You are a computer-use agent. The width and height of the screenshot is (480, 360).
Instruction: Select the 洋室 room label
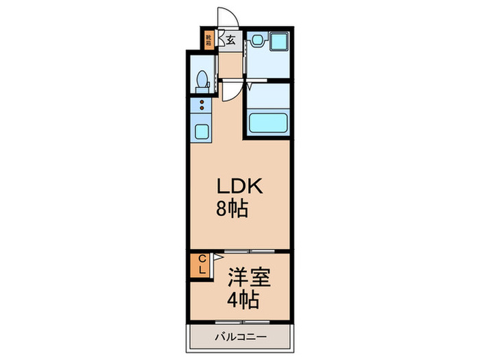[248, 278]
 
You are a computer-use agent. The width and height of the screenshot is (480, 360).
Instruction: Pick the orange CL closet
[202, 264]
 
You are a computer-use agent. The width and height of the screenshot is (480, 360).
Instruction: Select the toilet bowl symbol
[202, 80]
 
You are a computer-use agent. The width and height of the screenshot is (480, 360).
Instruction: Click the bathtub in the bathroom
[267, 123]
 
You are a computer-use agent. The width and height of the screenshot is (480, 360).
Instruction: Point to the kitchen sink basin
[203, 130]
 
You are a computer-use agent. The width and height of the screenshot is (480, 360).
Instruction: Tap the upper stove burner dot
[202, 102]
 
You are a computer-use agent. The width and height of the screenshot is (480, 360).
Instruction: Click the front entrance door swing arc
[226, 17]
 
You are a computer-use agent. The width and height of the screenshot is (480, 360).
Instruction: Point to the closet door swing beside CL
[215, 258]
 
